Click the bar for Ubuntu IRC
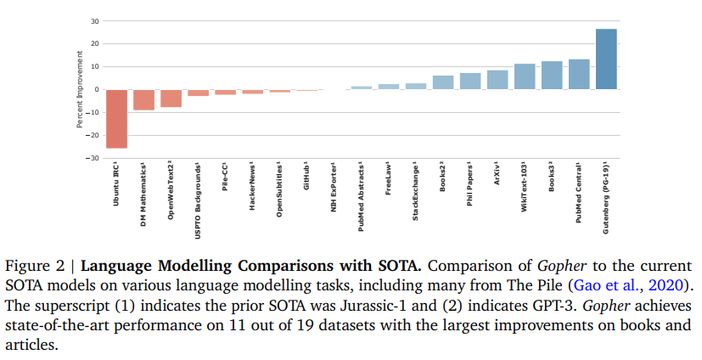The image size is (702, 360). (116, 119)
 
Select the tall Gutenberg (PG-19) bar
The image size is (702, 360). (606, 59)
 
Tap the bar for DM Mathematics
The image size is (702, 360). (143, 99)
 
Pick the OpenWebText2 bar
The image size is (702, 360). (171, 98)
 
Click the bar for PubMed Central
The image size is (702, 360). (579, 74)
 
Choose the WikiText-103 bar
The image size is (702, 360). (525, 76)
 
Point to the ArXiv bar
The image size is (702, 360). (497, 80)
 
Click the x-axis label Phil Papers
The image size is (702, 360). (469, 186)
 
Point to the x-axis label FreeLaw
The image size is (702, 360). (388, 179)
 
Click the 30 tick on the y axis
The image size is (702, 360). (95, 20)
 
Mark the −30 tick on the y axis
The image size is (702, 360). (93, 158)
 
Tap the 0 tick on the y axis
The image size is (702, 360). (97, 89)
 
